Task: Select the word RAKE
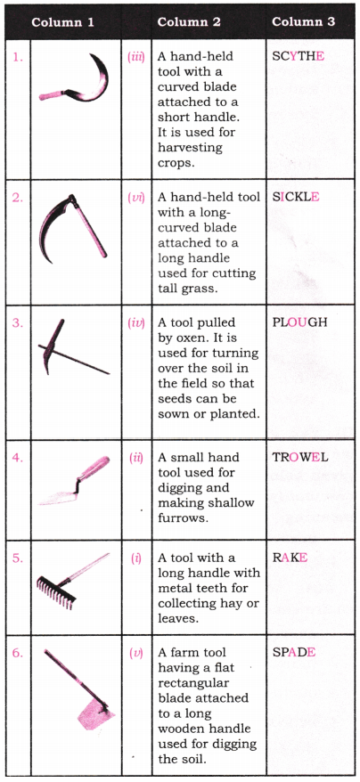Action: pyautogui.click(x=290, y=557)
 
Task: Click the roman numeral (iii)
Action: pyautogui.click(x=136, y=55)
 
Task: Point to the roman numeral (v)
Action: pyautogui.click(x=136, y=652)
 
